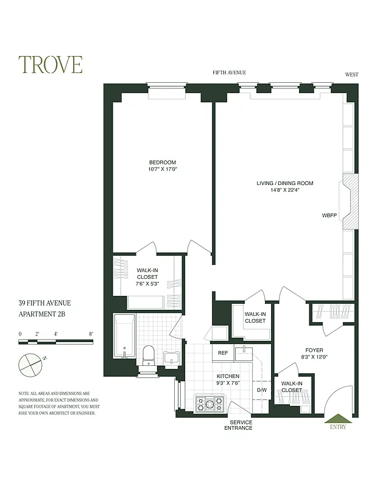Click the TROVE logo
pyautogui.click(x=50, y=65)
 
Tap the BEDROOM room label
pyautogui.click(x=163, y=162)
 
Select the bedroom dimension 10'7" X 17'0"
pyautogui.click(x=163, y=169)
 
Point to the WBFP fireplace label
pyautogui.click(x=329, y=215)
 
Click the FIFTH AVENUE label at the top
pyautogui.click(x=229, y=72)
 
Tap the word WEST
pyautogui.click(x=351, y=75)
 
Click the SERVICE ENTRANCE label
pyautogui.click(x=241, y=425)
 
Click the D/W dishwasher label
pyautogui.click(x=262, y=390)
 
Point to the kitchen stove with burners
pyautogui.click(x=210, y=402)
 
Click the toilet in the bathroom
pyautogui.click(x=149, y=356)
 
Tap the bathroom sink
pyautogui.click(x=171, y=359)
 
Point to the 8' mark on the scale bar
pyautogui.click(x=91, y=334)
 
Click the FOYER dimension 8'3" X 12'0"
pyautogui.click(x=314, y=358)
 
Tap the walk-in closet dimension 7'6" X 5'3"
pyautogui.click(x=147, y=284)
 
